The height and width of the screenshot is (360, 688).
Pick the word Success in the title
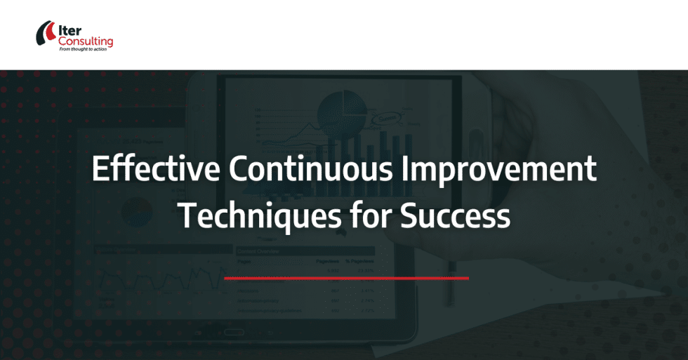coord(455,215)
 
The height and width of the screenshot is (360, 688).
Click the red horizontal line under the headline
coord(346,278)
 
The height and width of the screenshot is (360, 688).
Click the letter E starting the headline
coord(100,171)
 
